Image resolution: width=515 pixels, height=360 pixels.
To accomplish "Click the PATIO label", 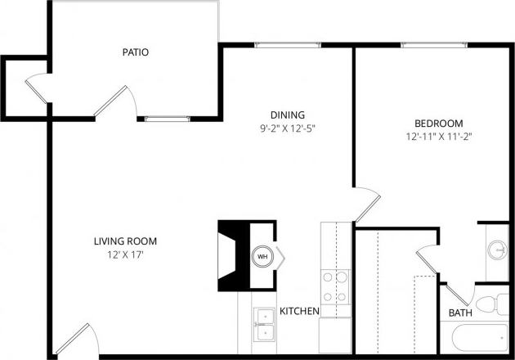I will (x=135, y=52).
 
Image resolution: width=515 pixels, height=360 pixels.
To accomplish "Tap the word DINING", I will (x=288, y=115).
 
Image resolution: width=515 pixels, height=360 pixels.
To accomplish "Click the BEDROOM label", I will (x=439, y=122).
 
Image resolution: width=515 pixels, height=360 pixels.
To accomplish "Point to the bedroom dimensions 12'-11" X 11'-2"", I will (x=439, y=136).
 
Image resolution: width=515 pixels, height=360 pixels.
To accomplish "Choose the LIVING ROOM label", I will (x=125, y=241).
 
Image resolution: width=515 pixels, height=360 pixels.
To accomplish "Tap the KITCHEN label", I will (x=299, y=311).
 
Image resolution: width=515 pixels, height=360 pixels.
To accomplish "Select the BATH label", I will (x=459, y=313).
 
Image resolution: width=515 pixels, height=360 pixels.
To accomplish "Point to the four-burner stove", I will (x=334, y=287).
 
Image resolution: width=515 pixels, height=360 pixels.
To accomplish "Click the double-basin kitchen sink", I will (x=264, y=324).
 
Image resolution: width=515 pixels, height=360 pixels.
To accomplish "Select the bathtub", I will (x=477, y=337).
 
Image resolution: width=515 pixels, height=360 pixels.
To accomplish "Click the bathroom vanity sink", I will (x=496, y=249).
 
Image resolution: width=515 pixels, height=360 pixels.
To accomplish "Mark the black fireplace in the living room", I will (x=233, y=255).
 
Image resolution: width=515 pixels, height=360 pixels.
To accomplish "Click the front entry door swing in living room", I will (x=78, y=339).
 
